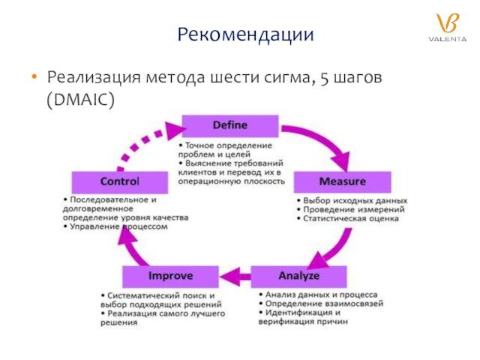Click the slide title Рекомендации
[245, 34]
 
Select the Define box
[230, 125]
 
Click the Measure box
[342, 182]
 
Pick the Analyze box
[298, 277]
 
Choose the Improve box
[170, 277]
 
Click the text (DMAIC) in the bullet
[80, 99]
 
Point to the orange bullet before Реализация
[34, 77]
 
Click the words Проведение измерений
[353, 210]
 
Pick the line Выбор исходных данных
[354, 201]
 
